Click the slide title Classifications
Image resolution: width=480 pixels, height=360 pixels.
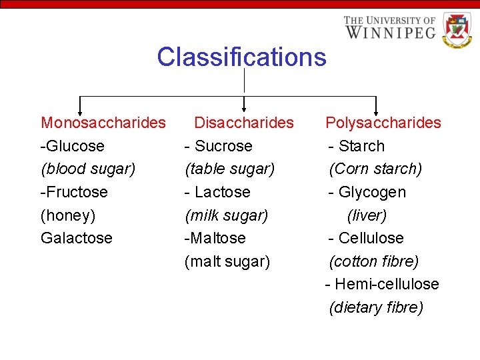241,57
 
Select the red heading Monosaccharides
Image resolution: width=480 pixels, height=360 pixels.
103,123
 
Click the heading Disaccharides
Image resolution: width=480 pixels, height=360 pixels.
243,123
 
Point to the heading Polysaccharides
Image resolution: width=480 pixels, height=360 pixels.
383,123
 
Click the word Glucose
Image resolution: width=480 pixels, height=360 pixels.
75,146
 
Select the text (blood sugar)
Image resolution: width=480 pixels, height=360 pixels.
88,169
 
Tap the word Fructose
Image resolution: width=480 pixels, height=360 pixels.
76,192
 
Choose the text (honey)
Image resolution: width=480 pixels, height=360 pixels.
68,215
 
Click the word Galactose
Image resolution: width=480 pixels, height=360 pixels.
77,238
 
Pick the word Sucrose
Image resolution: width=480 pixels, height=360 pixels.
223,146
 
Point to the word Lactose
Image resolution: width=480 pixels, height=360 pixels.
222,192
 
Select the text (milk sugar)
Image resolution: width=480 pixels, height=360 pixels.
226,215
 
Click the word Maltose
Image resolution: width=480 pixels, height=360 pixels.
217,238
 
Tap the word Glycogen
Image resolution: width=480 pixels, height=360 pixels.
372,192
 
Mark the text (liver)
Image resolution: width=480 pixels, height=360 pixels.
367,215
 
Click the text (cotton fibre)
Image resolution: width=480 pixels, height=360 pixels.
373,261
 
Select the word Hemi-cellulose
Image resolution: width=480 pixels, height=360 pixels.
387,284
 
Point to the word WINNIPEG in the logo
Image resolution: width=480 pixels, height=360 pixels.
390,31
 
